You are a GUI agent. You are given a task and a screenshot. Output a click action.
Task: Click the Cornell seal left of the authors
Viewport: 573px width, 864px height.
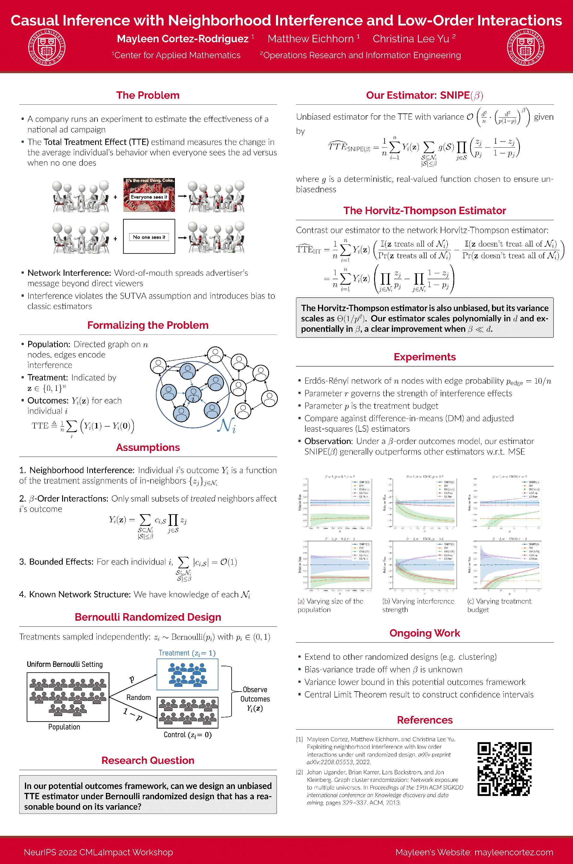point(47,47)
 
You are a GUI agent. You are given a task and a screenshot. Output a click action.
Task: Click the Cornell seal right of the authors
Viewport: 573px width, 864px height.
point(526,47)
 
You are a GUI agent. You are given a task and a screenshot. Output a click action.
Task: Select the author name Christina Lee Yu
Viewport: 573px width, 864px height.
point(411,39)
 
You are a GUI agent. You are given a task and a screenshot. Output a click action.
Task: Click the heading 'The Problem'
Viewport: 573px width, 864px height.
point(148,95)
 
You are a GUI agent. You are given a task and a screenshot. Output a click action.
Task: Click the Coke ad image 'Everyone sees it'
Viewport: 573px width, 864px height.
point(149,195)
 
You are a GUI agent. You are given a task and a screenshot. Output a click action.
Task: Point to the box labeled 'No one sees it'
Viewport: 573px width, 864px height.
point(149,237)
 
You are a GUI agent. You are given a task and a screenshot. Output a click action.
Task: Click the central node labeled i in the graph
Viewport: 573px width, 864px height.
point(193,394)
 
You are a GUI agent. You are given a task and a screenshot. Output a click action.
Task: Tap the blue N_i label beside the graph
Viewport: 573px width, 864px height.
point(226,425)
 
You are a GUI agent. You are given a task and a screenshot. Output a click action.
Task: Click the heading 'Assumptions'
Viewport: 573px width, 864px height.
point(148,448)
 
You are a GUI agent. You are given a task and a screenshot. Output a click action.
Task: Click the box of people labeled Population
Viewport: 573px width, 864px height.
point(68,697)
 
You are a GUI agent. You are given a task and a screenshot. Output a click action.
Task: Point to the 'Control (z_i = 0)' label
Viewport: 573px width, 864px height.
point(187,735)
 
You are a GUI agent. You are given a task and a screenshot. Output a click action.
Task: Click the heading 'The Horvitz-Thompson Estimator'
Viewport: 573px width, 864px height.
point(424,211)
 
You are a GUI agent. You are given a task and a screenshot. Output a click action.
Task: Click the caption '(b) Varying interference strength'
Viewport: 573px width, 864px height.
point(418,605)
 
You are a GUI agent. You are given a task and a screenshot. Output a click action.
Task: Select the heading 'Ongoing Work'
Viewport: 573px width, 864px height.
point(424,633)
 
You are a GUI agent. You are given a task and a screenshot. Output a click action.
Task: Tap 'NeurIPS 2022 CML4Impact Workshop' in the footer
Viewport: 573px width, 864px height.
point(98,852)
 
